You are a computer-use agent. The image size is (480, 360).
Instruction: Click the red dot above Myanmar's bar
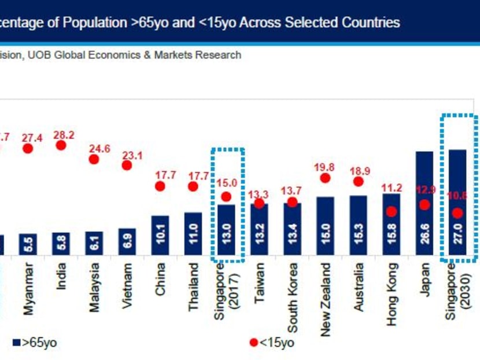click(28, 149)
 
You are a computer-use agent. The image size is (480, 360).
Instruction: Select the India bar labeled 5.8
click(61, 244)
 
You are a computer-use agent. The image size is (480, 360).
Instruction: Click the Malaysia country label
click(94, 288)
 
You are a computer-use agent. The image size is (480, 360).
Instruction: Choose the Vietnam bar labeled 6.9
click(127, 241)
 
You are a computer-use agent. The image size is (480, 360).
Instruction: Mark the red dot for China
click(160, 186)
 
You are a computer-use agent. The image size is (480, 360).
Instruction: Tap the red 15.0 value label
click(226, 184)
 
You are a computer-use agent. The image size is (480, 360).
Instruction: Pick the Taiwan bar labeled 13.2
click(259, 229)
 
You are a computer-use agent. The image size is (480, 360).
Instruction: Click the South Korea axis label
click(292, 297)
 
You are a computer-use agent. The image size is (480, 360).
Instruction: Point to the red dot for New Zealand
click(325, 178)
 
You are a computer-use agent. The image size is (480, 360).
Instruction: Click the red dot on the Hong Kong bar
click(392, 212)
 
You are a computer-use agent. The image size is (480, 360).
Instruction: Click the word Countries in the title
click(368, 23)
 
